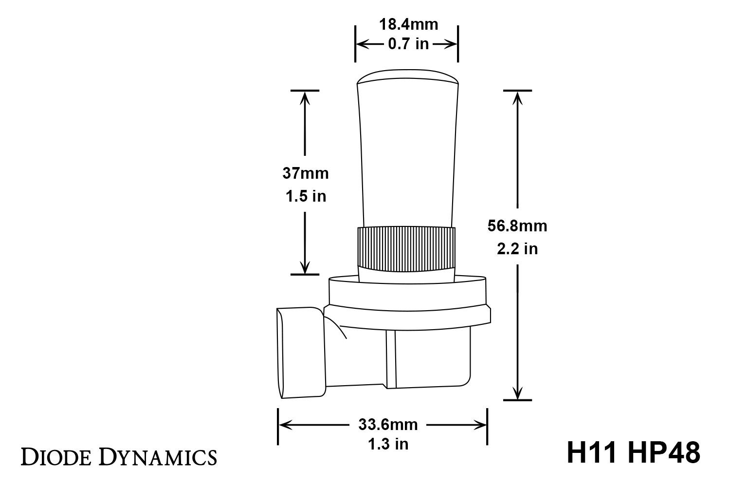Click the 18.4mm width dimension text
408,24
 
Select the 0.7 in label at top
408,44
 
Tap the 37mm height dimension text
306,173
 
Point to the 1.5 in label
306,196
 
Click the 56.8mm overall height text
517,226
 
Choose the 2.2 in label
517,249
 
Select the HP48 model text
664,453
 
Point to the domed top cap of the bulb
408,79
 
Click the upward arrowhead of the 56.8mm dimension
517,97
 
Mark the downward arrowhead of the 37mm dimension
305,268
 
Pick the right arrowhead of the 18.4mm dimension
453,44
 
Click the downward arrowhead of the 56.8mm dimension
517,393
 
